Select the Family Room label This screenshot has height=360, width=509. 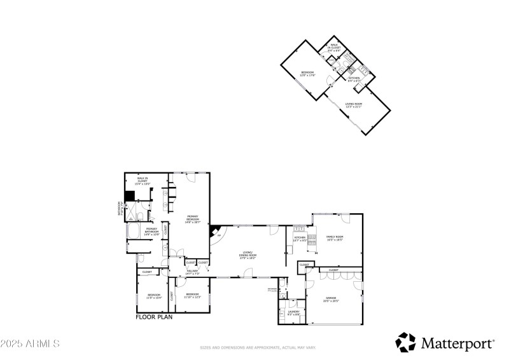pyautogui.click(x=335, y=238)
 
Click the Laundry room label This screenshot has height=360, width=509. pyautogui.click(x=293, y=313)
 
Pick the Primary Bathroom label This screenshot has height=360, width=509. pyautogui.click(x=152, y=230)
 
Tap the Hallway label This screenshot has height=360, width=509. pyautogui.click(x=193, y=272)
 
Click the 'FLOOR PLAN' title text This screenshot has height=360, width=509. pyautogui.click(x=155, y=316)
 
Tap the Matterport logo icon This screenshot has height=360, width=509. pyautogui.click(x=405, y=342)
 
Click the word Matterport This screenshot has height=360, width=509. pyautogui.click(x=457, y=343)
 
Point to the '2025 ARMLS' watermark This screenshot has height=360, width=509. pyautogui.click(x=30, y=343)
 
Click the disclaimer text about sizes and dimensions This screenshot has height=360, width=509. pyautogui.click(x=258, y=348)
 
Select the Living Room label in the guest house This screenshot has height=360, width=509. pyautogui.click(x=354, y=106)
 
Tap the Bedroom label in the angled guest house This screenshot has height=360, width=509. pyautogui.click(x=307, y=74)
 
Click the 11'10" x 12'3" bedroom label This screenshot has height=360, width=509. pyautogui.click(x=193, y=295)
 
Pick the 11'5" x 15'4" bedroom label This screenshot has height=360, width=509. pyautogui.click(x=154, y=296)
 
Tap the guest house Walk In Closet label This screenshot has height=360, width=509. pyautogui.click(x=333, y=48)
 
